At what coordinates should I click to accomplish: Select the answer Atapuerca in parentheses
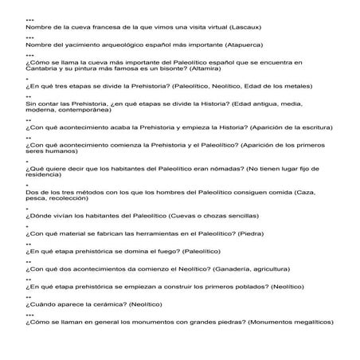(242, 46)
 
